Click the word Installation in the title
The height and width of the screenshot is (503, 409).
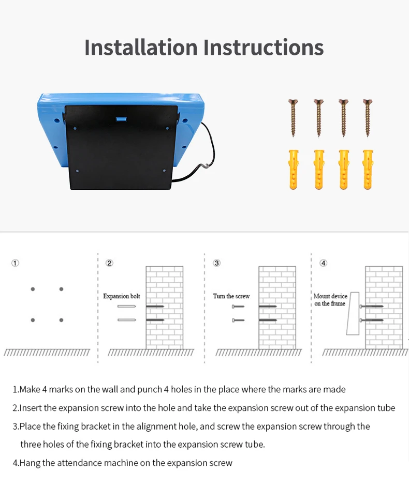(141, 47)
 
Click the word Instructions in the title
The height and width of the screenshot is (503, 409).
(264, 47)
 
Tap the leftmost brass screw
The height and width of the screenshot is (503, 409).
(294, 117)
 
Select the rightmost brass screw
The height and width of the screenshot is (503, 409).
(368, 117)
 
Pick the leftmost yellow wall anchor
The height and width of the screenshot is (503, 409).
(294, 169)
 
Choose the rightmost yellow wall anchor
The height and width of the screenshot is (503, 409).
(368, 169)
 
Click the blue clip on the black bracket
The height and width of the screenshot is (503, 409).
(122, 117)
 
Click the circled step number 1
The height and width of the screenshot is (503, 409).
(16, 263)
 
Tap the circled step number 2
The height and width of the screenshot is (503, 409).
(109, 263)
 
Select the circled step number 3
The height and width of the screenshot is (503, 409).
(217, 263)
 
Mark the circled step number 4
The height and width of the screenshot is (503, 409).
(324, 263)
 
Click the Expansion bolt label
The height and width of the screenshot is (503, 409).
(122, 296)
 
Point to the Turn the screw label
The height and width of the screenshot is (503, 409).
(231, 296)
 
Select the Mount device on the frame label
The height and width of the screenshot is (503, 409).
(330, 300)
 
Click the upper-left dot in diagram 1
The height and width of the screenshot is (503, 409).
(33, 289)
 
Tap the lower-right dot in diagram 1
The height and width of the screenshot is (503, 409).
(61, 320)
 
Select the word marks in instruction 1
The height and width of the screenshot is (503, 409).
(63, 389)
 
